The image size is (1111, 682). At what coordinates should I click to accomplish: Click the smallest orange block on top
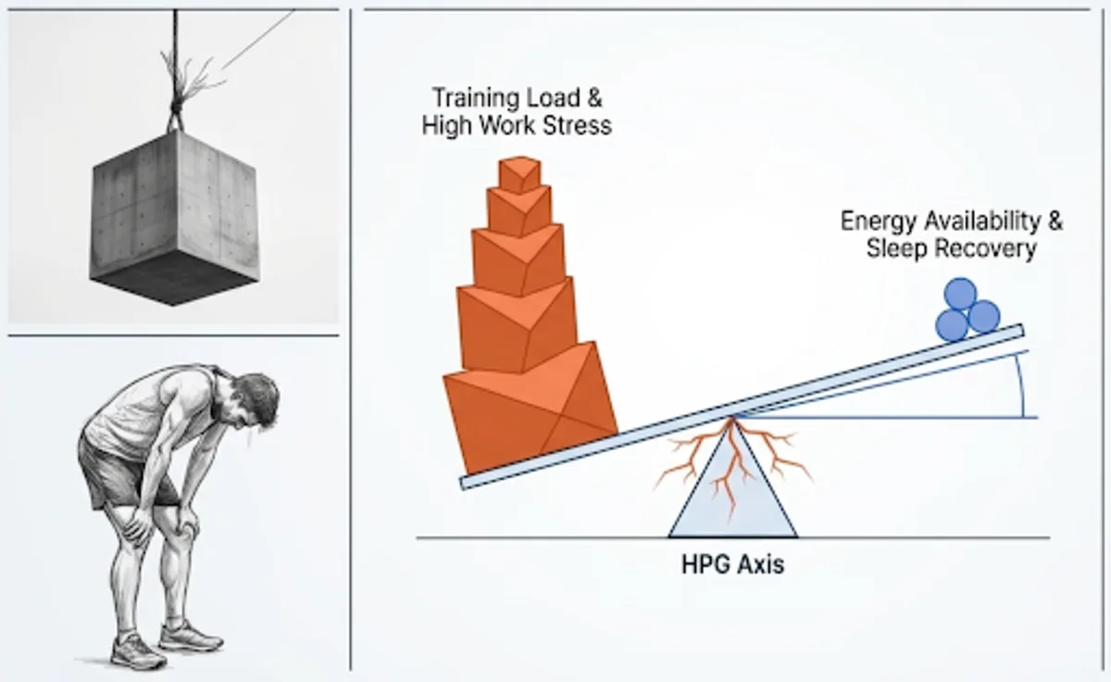(519, 175)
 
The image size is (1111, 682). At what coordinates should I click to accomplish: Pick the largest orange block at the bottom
(530, 408)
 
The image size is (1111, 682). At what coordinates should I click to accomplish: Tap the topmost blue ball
(960, 294)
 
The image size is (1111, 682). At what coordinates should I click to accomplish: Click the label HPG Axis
(732, 565)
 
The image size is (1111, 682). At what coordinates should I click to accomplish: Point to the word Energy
(878, 221)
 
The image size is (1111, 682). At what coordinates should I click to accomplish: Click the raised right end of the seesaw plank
(1019, 331)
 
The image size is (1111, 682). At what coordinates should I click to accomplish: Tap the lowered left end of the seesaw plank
(464, 484)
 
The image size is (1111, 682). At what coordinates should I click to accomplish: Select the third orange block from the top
(518, 259)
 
